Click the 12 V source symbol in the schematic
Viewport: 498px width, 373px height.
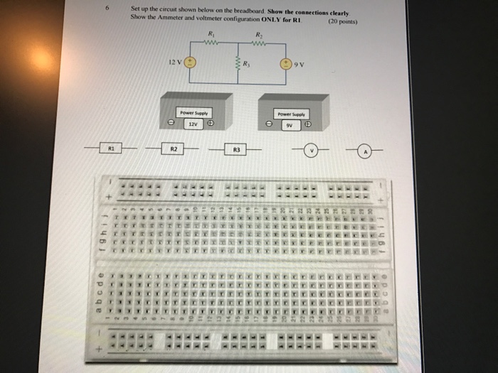click(x=191, y=63)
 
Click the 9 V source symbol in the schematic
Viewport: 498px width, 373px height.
click(x=287, y=63)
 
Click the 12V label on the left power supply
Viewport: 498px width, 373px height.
click(x=192, y=123)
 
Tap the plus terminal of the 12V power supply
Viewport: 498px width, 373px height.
click(x=211, y=123)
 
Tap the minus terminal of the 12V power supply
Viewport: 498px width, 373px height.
click(x=171, y=123)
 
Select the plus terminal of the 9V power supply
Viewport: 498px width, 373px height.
click(x=308, y=124)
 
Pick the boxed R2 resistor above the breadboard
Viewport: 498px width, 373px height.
click(x=174, y=149)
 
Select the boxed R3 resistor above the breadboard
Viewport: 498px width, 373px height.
click(x=236, y=150)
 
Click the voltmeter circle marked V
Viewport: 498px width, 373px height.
click(x=310, y=150)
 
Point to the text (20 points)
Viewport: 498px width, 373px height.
click(x=342, y=21)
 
